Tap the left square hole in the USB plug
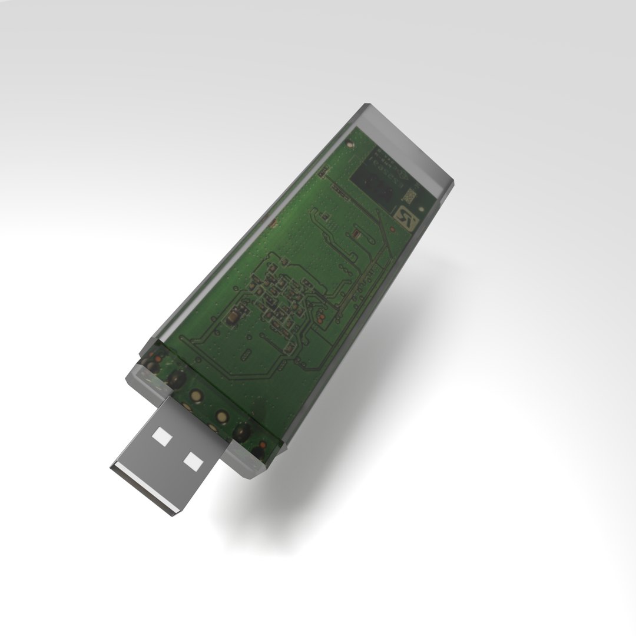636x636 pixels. point(161,436)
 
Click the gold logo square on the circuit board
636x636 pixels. point(406,217)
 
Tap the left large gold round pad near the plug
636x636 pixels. point(175,377)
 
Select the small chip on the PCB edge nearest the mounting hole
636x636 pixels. point(323,172)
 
